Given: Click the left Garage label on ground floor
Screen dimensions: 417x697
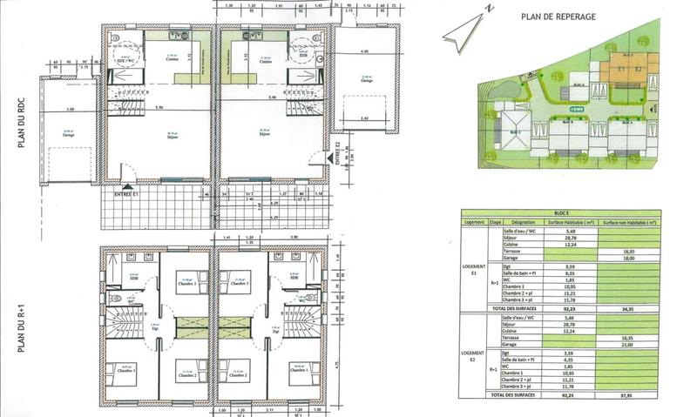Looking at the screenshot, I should pyautogui.click(x=67, y=135).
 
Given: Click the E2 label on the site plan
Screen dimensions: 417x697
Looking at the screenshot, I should pyautogui.click(x=639, y=68).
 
